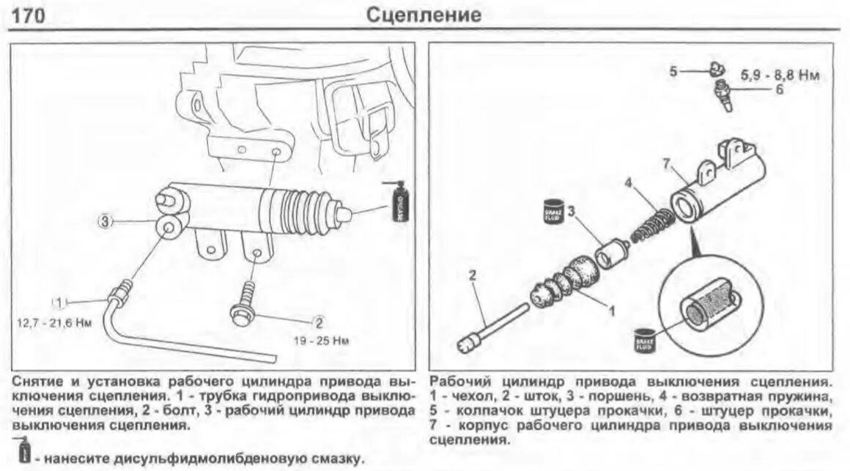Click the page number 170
(x=29, y=15)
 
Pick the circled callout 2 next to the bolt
(x=319, y=322)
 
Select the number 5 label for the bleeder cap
(x=673, y=71)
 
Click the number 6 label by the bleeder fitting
(x=779, y=91)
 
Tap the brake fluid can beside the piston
(x=552, y=213)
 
